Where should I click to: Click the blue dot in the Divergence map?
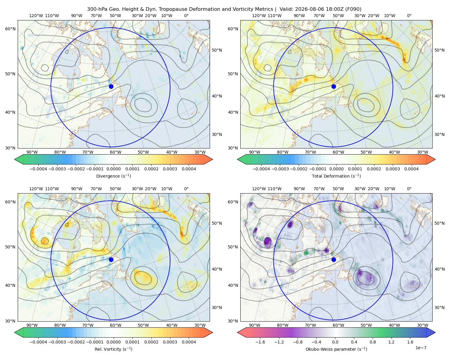111,86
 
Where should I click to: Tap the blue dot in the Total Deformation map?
334,86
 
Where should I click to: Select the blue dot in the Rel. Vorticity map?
111,259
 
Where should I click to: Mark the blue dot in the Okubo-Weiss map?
334,259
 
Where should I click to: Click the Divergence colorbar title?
113,176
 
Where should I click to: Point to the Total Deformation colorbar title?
336,176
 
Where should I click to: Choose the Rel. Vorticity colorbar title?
113,349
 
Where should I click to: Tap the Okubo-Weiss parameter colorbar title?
336,349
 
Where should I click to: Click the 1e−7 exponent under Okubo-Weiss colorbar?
421,348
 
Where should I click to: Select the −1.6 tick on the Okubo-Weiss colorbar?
260,342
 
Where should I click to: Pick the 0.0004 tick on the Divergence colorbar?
189,169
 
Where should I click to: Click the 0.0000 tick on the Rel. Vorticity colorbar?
113,342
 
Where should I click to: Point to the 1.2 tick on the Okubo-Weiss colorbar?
391,342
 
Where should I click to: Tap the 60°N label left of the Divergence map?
10,29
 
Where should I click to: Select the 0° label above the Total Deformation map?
409,16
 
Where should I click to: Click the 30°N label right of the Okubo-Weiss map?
439,307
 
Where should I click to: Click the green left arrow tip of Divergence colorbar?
15,159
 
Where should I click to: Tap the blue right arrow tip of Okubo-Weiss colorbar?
435,332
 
